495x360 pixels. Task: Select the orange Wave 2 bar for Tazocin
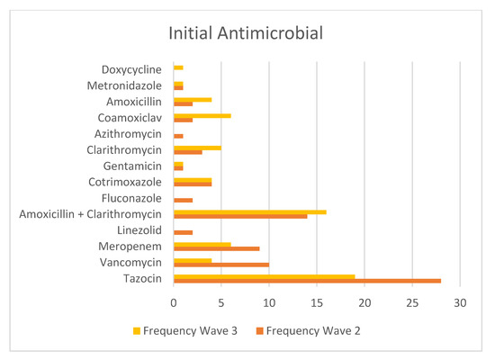click(x=306, y=281)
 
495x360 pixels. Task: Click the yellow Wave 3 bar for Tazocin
click(x=264, y=276)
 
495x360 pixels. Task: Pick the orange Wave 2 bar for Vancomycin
click(x=220, y=265)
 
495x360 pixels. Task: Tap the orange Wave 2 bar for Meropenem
click(x=216, y=248)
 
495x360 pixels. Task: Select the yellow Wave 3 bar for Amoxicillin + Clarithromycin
click(x=249, y=211)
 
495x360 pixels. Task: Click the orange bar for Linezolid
click(x=183, y=232)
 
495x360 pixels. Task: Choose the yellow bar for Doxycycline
click(x=178, y=67)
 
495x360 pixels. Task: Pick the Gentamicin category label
click(x=131, y=166)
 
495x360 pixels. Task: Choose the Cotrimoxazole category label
click(x=127, y=182)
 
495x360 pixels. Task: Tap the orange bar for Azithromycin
click(x=178, y=136)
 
